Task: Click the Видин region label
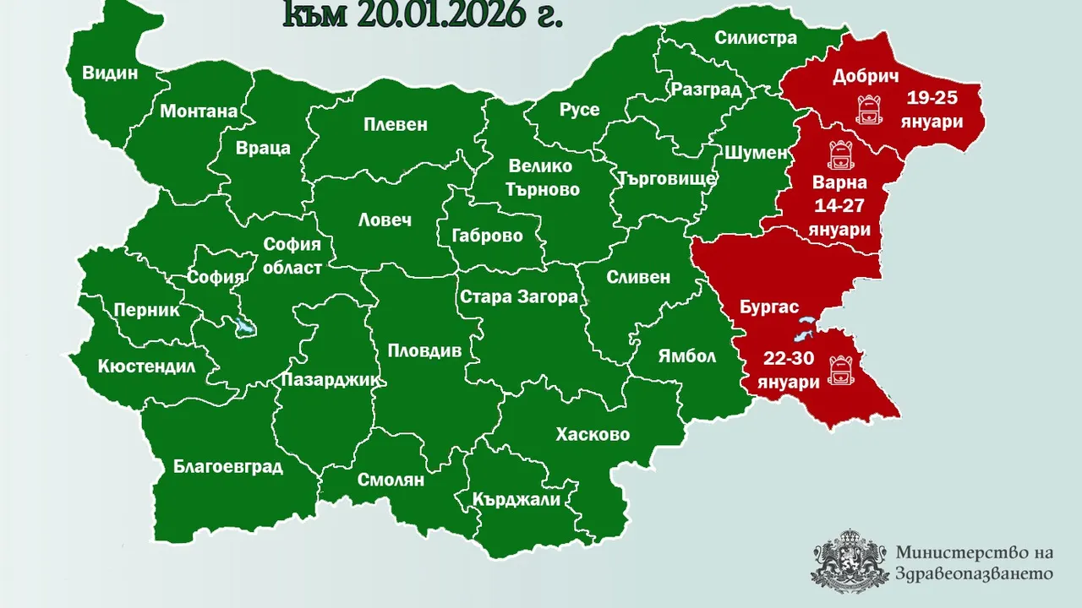pyautogui.click(x=110, y=73)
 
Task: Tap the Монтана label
pyautogui.click(x=199, y=111)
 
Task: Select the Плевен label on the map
pyautogui.click(x=396, y=125)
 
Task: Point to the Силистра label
pyautogui.click(x=756, y=38)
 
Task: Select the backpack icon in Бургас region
pyautogui.click(x=842, y=369)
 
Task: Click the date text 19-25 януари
pyautogui.click(x=931, y=109)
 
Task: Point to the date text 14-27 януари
pyautogui.click(x=839, y=217)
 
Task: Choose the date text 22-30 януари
pyautogui.click(x=788, y=371)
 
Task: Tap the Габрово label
pyautogui.click(x=487, y=236)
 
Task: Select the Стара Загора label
pyautogui.click(x=518, y=296)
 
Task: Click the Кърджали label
pyautogui.click(x=517, y=500)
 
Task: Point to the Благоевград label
pyautogui.click(x=227, y=465)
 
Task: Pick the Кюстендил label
pyautogui.click(x=146, y=366)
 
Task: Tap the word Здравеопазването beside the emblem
pyautogui.click(x=974, y=573)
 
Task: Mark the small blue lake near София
pyautogui.click(x=246, y=328)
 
